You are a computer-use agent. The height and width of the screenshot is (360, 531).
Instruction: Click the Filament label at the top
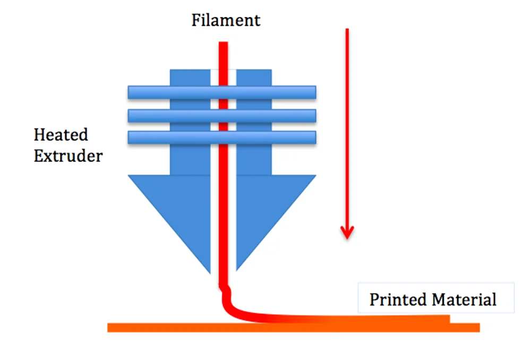coord(226,21)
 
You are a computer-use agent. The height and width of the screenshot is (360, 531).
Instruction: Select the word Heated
coord(61,135)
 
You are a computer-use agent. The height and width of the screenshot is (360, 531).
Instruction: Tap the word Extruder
coord(68,156)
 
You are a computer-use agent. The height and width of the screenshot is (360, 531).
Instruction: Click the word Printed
coord(398,299)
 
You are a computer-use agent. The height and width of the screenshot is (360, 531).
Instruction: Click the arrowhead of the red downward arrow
coord(347,232)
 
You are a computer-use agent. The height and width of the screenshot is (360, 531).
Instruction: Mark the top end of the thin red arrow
coord(347,30)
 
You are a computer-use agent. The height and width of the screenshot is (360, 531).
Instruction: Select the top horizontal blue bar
coord(222,92)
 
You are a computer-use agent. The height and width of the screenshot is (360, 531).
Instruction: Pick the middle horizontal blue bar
coord(222,115)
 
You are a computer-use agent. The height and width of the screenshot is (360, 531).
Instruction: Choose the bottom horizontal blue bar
coord(222,138)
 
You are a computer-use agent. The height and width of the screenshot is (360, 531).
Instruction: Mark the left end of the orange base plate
coord(109,328)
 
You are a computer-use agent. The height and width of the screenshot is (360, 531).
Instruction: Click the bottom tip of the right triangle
coord(237,269)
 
